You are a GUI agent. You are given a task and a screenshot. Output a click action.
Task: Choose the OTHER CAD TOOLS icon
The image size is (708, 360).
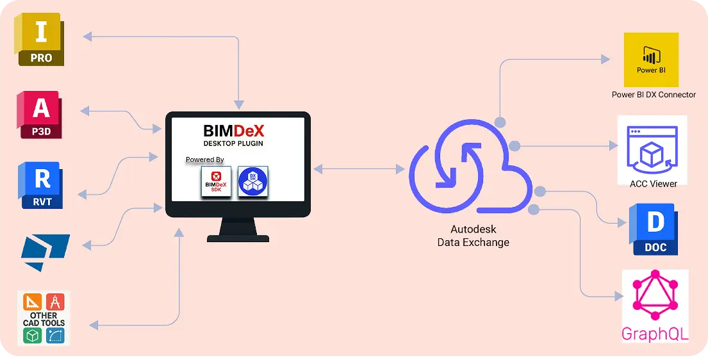tap(44, 318)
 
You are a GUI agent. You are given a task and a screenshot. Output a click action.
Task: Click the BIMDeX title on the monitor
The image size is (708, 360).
tap(233, 131)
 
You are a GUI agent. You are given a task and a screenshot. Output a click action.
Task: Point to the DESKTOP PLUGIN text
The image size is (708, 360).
tap(233, 143)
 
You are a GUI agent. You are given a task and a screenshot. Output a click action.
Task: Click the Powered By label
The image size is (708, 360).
tap(204, 160)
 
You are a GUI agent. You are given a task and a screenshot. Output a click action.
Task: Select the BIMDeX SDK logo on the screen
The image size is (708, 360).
tap(216, 181)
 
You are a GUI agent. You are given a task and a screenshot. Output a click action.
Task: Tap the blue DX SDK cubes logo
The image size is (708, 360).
tap(253, 181)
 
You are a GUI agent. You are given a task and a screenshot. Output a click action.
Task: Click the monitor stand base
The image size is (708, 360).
tap(238, 237)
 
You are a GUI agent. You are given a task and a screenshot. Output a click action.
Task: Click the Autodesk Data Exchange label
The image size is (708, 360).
tap(473, 236)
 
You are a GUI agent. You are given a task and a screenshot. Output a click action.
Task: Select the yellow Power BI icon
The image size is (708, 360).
tap(651, 60)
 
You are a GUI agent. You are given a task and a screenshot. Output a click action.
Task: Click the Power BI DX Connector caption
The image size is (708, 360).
tap(654, 95)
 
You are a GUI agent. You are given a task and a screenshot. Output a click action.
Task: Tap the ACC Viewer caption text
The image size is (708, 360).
tap(653, 184)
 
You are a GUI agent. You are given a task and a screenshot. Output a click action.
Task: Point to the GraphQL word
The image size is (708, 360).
tap(655, 334)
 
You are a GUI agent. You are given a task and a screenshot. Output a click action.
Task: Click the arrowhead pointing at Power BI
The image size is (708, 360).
tap(605, 60)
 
